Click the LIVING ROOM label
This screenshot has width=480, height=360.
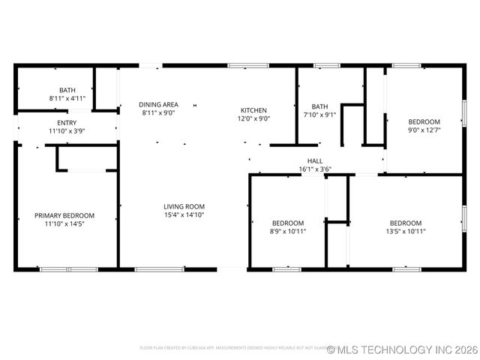(184, 206)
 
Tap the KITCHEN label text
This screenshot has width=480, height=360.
(253, 110)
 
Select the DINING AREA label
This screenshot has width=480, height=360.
(158, 104)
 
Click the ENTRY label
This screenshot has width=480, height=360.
(67, 123)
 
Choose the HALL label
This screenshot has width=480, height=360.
(315, 160)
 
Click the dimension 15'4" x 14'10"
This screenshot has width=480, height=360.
(184, 214)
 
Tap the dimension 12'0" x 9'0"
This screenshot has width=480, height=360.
(253, 118)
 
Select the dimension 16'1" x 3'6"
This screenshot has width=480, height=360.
(315, 169)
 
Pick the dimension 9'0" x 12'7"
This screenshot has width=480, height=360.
(424, 130)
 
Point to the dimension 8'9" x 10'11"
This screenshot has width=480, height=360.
(288, 231)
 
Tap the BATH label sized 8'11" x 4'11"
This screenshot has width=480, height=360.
(67, 90)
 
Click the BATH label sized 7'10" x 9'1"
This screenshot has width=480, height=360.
(320, 106)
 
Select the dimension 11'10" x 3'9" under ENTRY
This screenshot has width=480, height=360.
(67, 131)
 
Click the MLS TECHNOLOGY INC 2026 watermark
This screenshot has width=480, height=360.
(402, 349)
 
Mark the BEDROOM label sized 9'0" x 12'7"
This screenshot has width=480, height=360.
(424, 121)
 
